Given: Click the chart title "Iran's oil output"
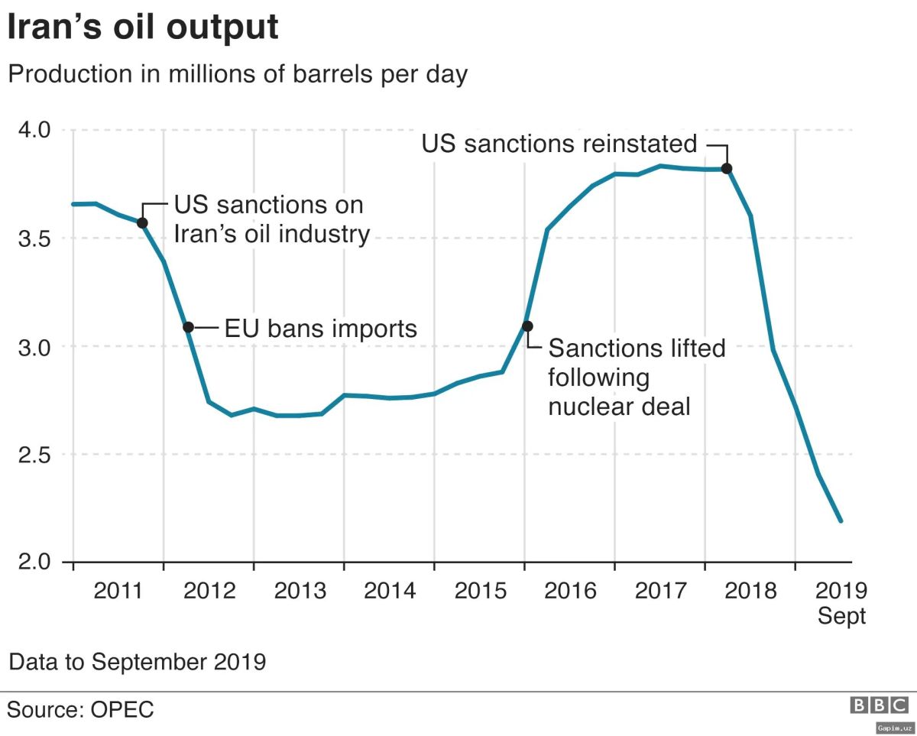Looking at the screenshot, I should click(x=143, y=28).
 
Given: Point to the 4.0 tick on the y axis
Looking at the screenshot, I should click(x=33, y=130).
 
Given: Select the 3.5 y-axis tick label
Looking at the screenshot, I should click(x=33, y=238).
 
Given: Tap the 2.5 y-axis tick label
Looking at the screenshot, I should click(x=33, y=455).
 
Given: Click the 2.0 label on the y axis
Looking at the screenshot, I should click(x=33, y=563).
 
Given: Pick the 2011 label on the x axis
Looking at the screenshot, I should click(x=118, y=591).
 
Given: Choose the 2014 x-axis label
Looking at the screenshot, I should click(x=389, y=591).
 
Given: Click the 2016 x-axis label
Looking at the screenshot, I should click(x=569, y=591).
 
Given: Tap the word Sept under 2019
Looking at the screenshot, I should click(x=841, y=616).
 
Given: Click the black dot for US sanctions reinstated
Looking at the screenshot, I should click(x=727, y=168).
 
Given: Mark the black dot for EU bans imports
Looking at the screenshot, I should click(x=189, y=327).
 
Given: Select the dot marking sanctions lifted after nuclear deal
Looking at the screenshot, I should click(x=527, y=326).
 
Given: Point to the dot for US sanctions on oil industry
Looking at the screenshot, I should click(x=142, y=222).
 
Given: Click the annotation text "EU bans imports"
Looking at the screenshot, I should click(x=320, y=329).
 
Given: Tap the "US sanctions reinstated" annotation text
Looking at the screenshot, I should click(x=559, y=144).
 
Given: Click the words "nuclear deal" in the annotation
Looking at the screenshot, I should click(x=619, y=407).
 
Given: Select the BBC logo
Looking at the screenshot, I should click(x=880, y=705).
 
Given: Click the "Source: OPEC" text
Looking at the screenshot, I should click(x=80, y=709).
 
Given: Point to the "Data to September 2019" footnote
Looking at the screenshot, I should click(x=137, y=661).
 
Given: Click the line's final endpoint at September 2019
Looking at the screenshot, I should click(x=841, y=520).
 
